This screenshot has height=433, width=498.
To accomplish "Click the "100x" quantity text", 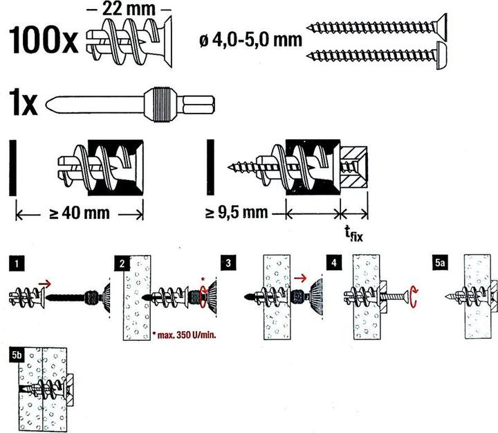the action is click(x=44, y=40).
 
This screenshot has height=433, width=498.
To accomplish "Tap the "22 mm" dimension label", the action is click(x=129, y=9).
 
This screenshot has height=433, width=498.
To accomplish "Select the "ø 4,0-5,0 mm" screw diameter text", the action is click(x=250, y=40).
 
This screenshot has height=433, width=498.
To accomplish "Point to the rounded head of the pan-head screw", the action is click(x=441, y=55).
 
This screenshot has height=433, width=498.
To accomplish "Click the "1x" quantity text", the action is click(x=24, y=103).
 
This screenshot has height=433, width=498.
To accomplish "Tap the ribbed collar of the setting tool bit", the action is click(x=160, y=105).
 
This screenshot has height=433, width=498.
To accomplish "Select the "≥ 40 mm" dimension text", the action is click(x=80, y=213).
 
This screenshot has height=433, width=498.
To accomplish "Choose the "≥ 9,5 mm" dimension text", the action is click(x=237, y=212).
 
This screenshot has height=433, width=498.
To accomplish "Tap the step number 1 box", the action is click(x=17, y=263).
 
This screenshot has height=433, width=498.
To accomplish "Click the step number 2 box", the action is click(x=122, y=263).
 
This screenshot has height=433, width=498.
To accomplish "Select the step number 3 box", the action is click(x=228, y=263).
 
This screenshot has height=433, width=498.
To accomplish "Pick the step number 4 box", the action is click(x=333, y=263).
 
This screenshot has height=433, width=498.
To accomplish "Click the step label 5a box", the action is click(x=440, y=263).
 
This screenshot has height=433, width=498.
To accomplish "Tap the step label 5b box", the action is click(x=17, y=355).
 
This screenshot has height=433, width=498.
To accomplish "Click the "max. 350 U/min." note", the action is click(x=184, y=335).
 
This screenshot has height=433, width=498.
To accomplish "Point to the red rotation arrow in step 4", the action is click(x=413, y=297).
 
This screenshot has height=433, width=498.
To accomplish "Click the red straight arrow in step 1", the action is click(x=44, y=283).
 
